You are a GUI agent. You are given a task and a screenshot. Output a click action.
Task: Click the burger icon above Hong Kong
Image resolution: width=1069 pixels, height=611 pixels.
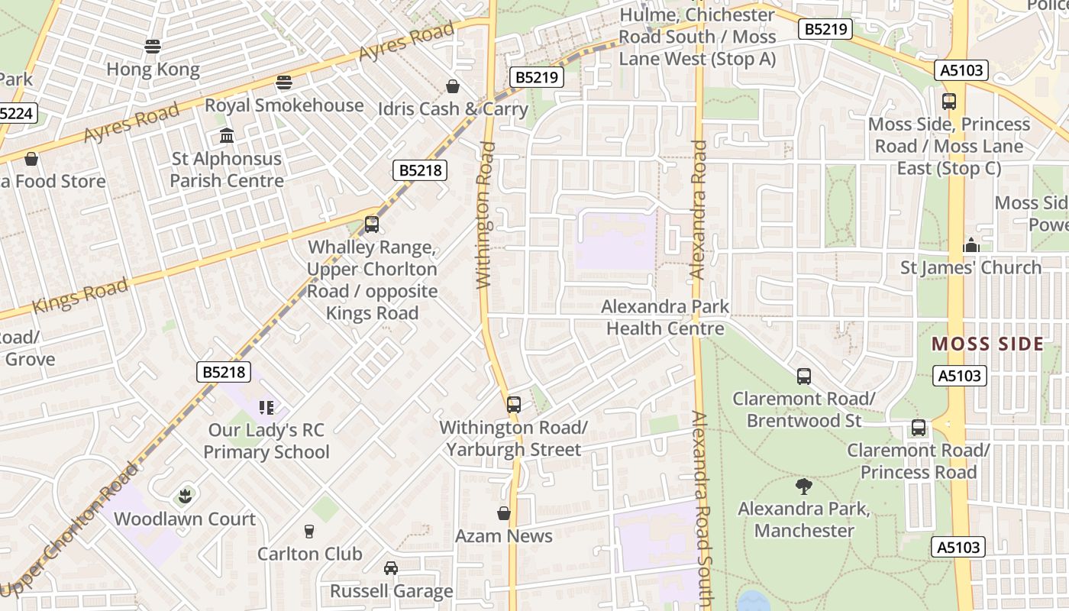[x=153, y=47]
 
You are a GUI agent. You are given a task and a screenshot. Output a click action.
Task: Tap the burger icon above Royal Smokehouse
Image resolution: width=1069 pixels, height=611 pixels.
[x=284, y=82]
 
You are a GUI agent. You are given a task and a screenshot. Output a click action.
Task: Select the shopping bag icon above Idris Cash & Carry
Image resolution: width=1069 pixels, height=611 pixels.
[x=453, y=86]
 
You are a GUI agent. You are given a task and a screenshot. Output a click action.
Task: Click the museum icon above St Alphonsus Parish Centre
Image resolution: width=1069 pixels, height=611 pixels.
[x=227, y=136]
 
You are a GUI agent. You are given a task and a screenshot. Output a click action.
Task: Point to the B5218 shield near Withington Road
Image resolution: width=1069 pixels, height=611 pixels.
[x=420, y=170]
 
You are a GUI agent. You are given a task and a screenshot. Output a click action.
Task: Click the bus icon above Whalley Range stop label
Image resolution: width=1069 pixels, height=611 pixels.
[x=372, y=225]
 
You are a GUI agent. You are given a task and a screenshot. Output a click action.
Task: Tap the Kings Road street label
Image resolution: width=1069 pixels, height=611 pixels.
[x=79, y=296]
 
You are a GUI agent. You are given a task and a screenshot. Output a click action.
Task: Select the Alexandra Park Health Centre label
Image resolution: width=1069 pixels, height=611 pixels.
[x=664, y=318]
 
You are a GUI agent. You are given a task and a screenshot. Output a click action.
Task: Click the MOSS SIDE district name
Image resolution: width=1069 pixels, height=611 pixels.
[x=987, y=344]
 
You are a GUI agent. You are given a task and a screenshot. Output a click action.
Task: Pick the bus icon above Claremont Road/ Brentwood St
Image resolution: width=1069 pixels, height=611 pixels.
[x=804, y=376]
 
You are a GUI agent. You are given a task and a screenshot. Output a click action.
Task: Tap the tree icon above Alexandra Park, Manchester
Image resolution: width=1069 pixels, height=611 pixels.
[x=803, y=487]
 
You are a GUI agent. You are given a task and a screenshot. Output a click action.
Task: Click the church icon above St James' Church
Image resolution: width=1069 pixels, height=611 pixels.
[x=971, y=245]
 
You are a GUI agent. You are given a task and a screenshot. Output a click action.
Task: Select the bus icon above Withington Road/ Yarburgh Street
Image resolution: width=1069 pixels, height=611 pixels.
[x=514, y=405]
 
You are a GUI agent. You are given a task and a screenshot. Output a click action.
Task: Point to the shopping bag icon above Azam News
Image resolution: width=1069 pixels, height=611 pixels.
[x=504, y=513]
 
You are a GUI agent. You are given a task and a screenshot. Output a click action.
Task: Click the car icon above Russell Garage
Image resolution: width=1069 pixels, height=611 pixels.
[x=391, y=568]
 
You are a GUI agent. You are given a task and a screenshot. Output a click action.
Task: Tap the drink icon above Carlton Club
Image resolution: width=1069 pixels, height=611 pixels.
[x=309, y=532]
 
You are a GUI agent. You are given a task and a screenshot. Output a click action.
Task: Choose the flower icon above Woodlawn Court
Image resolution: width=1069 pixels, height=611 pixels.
[x=184, y=497]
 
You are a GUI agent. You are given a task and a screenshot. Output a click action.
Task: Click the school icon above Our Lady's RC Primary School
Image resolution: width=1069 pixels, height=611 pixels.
[x=266, y=408]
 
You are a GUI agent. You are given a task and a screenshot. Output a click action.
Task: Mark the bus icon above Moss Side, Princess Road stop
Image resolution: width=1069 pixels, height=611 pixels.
[x=949, y=102]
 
